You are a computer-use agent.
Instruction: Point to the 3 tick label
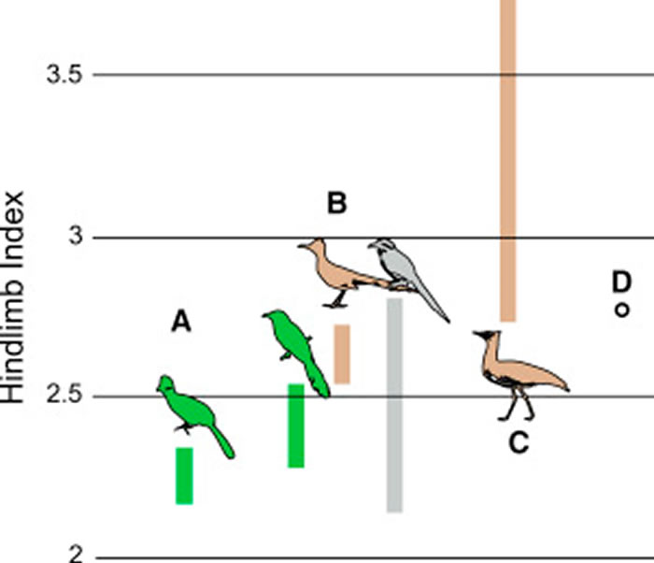[76, 237]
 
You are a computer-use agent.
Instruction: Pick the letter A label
[181, 323]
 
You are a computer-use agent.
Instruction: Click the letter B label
[336, 202]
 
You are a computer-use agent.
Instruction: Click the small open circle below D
[619, 310]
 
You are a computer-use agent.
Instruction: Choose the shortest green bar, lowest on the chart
[184, 475]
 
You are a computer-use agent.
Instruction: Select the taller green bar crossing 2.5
[296, 426]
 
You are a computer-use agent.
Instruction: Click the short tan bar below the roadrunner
[342, 354]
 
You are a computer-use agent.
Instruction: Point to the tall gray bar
[394, 406]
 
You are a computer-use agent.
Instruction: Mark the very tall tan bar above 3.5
[507, 159]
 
